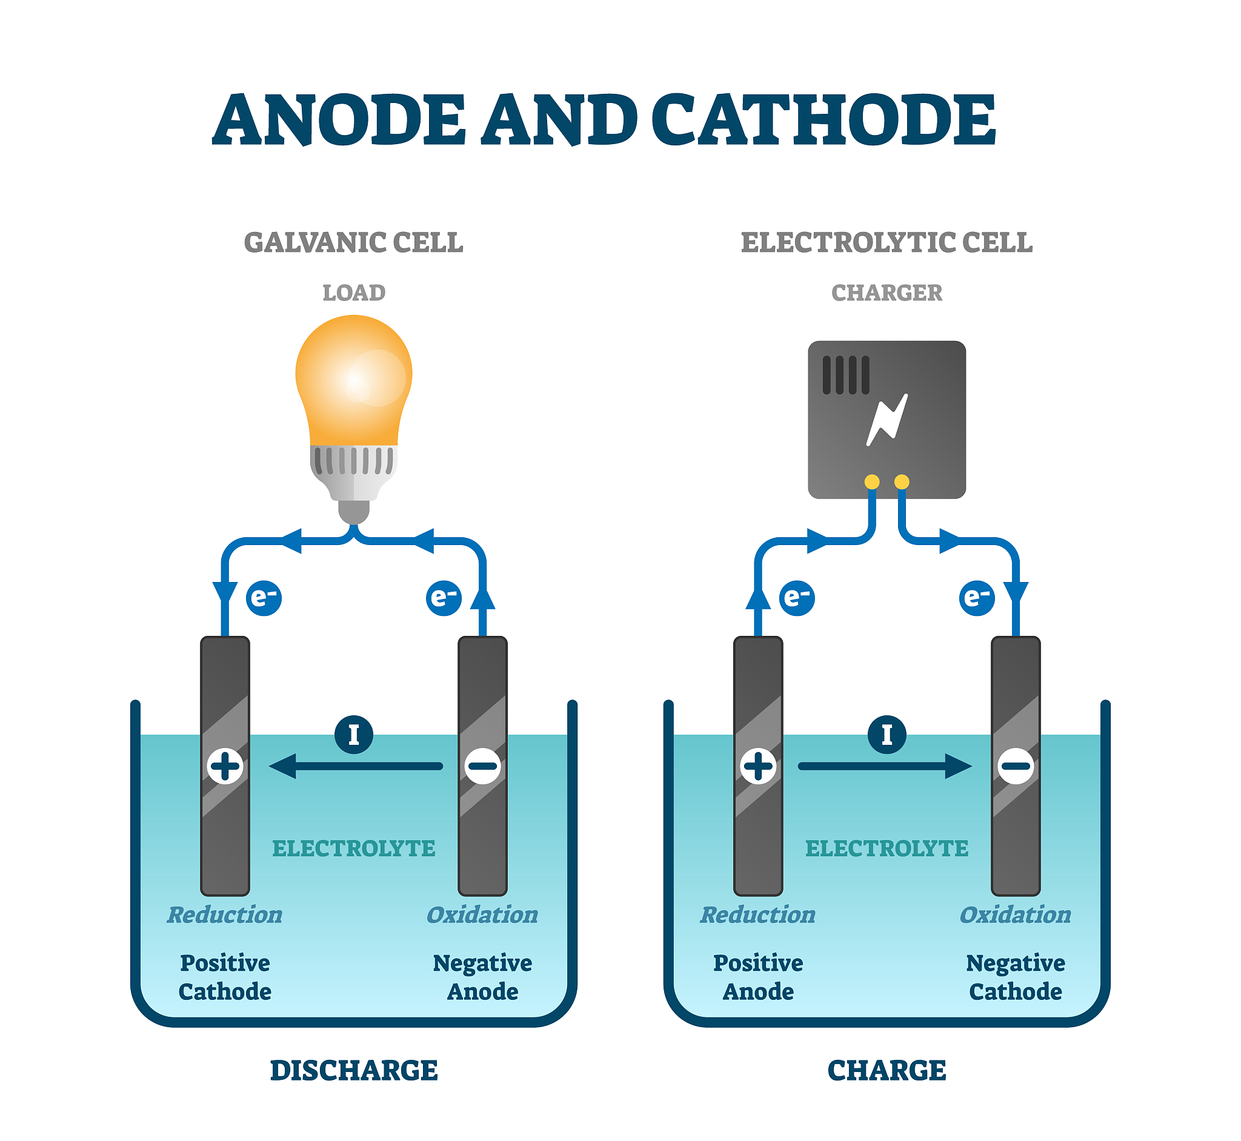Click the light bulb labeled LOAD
(x=354, y=395)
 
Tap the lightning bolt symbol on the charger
(x=887, y=420)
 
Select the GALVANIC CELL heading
(x=353, y=243)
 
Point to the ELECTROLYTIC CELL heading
(x=887, y=243)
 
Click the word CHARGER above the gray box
(x=887, y=293)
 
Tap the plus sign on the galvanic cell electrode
(x=225, y=767)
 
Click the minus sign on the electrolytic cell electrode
(x=1016, y=767)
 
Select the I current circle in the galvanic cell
(x=354, y=735)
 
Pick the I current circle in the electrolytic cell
(x=887, y=735)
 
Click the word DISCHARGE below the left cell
(x=354, y=1071)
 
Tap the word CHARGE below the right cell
(x=887, y=1071)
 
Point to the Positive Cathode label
(x=225, y=977)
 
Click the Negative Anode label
(x=482, y=977)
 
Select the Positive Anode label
(x=759, y=977)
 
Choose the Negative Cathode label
(x=1016, y=977)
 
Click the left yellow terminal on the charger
(x=872, y=481)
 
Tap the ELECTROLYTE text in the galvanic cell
(x=354, y=849)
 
